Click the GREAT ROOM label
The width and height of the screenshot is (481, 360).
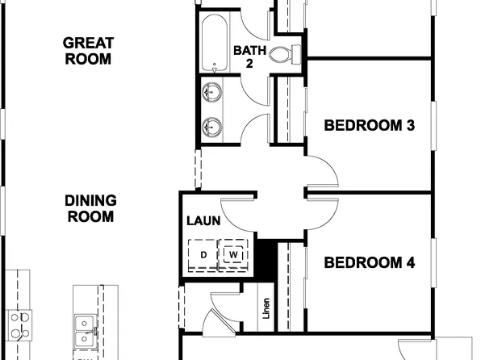pyautogui.click(x=89, y=50)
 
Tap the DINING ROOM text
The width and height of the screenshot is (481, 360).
pyautogui.click(x=90, y=208)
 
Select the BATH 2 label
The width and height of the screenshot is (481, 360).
pyautogui.click(x=249, y=50)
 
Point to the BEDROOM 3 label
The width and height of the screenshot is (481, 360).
pyautogui.click(x=369, y=125)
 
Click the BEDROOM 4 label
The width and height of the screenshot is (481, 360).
pyautogui.click(x=369, y=262)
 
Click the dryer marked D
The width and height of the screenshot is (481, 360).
pyautogui.click(x=203, y=255)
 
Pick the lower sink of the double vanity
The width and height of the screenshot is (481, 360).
pyautogui.click(x=213, y=126)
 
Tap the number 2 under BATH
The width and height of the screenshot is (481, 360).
pyautogui.click(x=250, y=62)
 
